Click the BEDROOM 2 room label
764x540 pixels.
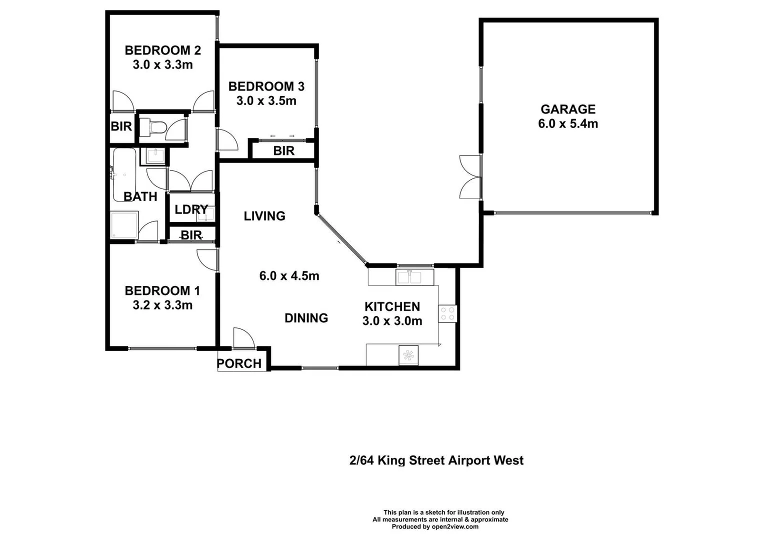click(x=162, y=50)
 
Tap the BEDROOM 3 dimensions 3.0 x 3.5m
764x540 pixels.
click(x=266, y=101)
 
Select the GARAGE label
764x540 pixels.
click(x=567, y=109)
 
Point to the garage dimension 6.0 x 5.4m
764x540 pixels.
click(x=567, y=124)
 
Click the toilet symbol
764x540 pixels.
click(x=152, y=128)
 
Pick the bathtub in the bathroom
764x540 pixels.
click(x=124, y=172)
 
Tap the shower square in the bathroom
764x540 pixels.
click(x=123, y=225)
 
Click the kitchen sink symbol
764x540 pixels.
click(x=414, y=277)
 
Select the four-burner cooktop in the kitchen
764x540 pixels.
click(x=447, y=313)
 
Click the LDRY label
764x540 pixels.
click(x=191, y=209)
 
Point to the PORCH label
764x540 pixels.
click(x=239, y=363)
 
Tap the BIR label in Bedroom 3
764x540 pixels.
click(x=283, y=151)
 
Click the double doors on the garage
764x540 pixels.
click(x=470, y=177)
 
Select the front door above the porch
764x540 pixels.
click(x=243, y=338)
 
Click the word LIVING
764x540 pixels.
click(x=264, y=216)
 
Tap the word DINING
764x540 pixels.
click(x=306, y=318)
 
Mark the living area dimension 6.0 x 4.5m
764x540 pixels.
click(x=289, y=276)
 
